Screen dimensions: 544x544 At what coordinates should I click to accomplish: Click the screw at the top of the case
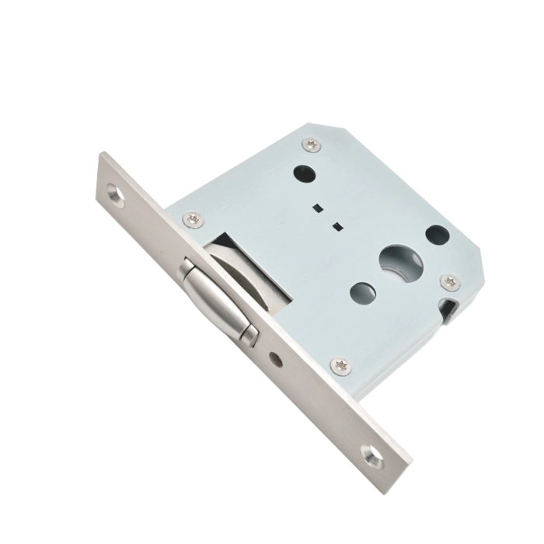coord(311,143)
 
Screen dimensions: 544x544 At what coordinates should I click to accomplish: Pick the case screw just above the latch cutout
coord(193,220)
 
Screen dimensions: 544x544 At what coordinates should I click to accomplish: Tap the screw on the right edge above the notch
coord(448,281)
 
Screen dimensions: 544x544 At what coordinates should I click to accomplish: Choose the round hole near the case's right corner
coord(437,232)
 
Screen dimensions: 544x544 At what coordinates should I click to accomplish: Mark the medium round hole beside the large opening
coord(362,293)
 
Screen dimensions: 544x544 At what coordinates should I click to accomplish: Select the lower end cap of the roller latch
coord(248,335)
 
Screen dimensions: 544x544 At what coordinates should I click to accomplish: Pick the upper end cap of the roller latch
coord(186,270)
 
